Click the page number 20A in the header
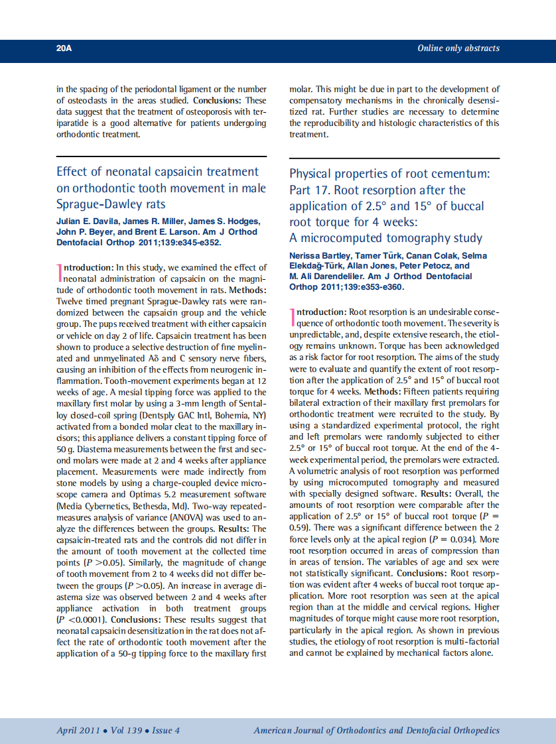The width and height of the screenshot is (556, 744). point(64,48)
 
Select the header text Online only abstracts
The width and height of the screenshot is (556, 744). point(458,48)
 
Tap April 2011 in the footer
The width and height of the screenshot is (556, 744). point(78,730)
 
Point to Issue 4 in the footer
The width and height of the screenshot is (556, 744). point(166,730)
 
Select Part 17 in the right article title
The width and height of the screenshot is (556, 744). point(309,190)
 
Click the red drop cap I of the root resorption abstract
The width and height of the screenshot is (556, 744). point(292,317)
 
